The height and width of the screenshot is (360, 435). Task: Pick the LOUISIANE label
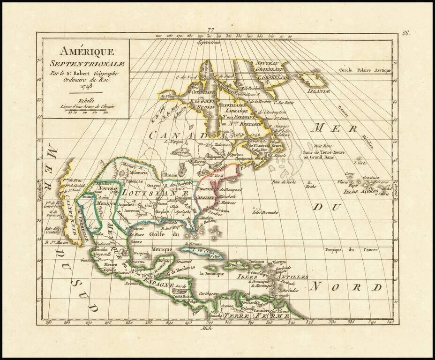click(155, 192)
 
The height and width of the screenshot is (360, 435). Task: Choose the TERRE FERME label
click(255, 315)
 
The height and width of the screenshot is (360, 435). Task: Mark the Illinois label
click(169, 174)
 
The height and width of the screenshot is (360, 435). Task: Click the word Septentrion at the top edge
click(210, 43)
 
